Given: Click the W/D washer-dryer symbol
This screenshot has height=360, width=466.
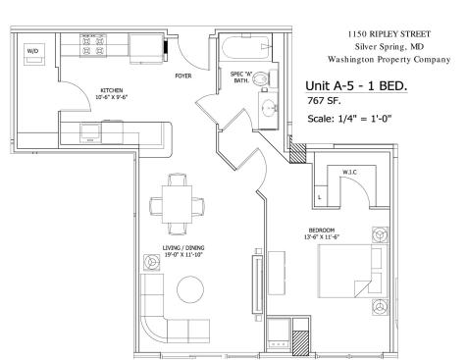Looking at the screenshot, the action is tap(34, 54).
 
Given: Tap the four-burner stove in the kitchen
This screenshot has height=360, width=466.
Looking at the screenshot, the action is tap(93, 45).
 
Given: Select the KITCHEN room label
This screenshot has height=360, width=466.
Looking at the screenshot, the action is tap(112, 90).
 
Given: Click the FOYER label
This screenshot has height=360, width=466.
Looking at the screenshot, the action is tap(183, 76).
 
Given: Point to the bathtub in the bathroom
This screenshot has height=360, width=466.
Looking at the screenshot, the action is tap(246, 48).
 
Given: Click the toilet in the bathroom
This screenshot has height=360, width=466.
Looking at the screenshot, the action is tap(265, 77).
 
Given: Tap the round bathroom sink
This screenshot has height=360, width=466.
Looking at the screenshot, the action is tap(270, 107).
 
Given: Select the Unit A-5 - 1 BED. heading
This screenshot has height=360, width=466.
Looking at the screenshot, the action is tap(356, 86).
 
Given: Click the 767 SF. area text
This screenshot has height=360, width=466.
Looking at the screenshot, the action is tap(324, 101).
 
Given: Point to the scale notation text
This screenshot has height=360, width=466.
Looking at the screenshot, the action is tap(349, 119).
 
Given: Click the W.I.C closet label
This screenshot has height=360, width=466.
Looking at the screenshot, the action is tap(349, 172).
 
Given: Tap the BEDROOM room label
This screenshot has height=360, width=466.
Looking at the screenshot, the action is tap(322, 231).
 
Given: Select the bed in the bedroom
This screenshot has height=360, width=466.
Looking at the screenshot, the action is tap(353, 271).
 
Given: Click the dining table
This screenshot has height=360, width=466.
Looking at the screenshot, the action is tap(177, 204).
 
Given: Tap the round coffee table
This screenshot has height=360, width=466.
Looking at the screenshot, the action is tap(190, 289).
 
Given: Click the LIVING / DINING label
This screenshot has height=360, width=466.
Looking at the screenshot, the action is tap(183, 247).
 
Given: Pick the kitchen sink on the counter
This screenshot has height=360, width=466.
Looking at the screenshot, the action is tap(90, 132).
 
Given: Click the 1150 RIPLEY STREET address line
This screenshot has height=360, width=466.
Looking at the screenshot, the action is tap(388, 34).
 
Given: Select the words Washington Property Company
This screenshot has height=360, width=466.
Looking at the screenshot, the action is tap(389, 60).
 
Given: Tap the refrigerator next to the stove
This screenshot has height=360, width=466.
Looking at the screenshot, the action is tap(146, 48).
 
